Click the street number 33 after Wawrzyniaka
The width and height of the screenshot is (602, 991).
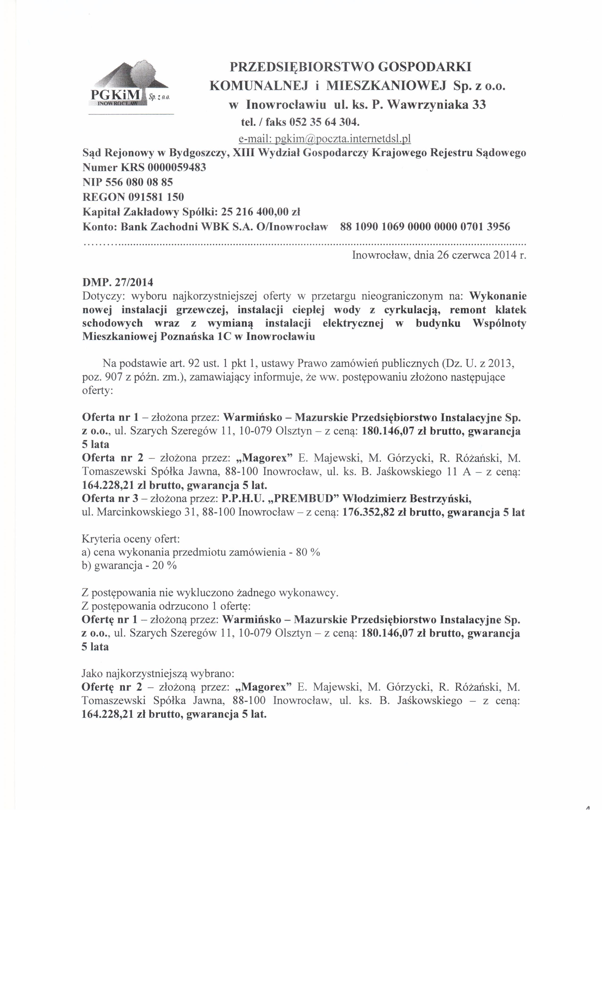pyautogui.click(x=479, y=105)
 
